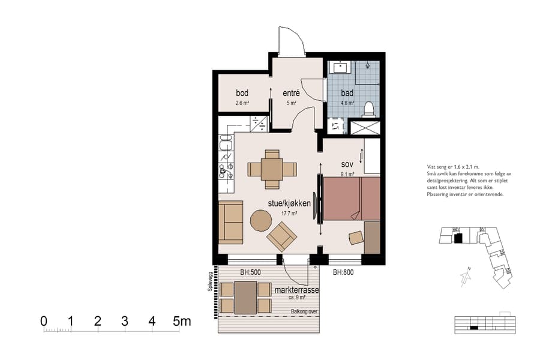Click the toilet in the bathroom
click(370, 109)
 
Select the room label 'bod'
click(242, 93)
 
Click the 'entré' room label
click(291, 93)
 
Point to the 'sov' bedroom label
click(347, 164)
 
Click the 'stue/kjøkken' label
click(289, 204)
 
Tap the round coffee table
click(260, 220)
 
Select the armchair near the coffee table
click(282, 236)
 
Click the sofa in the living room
click(230, 220)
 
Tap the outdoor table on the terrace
click(245, 298)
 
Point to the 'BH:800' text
click(344, 272)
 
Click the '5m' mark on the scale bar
click(181, 322)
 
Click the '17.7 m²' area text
click(290, 214)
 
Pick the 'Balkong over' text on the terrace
click(304, 311)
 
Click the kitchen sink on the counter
click(226, 143)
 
